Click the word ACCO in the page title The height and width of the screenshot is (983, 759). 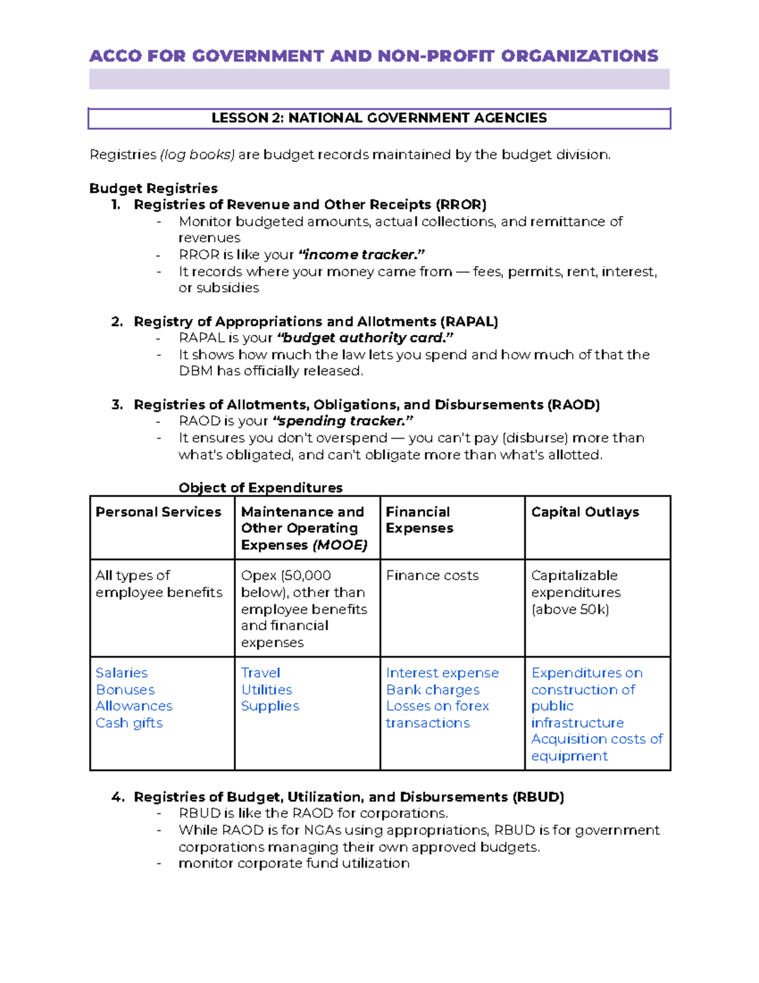(116, 56)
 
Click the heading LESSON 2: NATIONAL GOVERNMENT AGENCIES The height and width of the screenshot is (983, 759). (379, 118)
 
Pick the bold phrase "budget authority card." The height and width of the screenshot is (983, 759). (366, 338)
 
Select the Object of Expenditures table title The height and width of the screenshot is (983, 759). (260, 488)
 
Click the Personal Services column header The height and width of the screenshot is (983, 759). (158, 512)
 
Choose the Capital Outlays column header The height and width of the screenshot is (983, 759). (584, 512)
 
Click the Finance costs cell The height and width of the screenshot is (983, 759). (432, 576)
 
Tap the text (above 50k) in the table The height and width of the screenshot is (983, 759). (570, 610)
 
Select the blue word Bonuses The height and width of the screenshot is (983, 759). (125, 690)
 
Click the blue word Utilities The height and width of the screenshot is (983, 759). (266, 690)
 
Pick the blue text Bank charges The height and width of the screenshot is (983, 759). (433, 690)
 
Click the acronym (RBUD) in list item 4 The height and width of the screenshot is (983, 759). (538, 798)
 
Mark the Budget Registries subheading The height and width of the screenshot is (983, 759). (153, 189)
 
